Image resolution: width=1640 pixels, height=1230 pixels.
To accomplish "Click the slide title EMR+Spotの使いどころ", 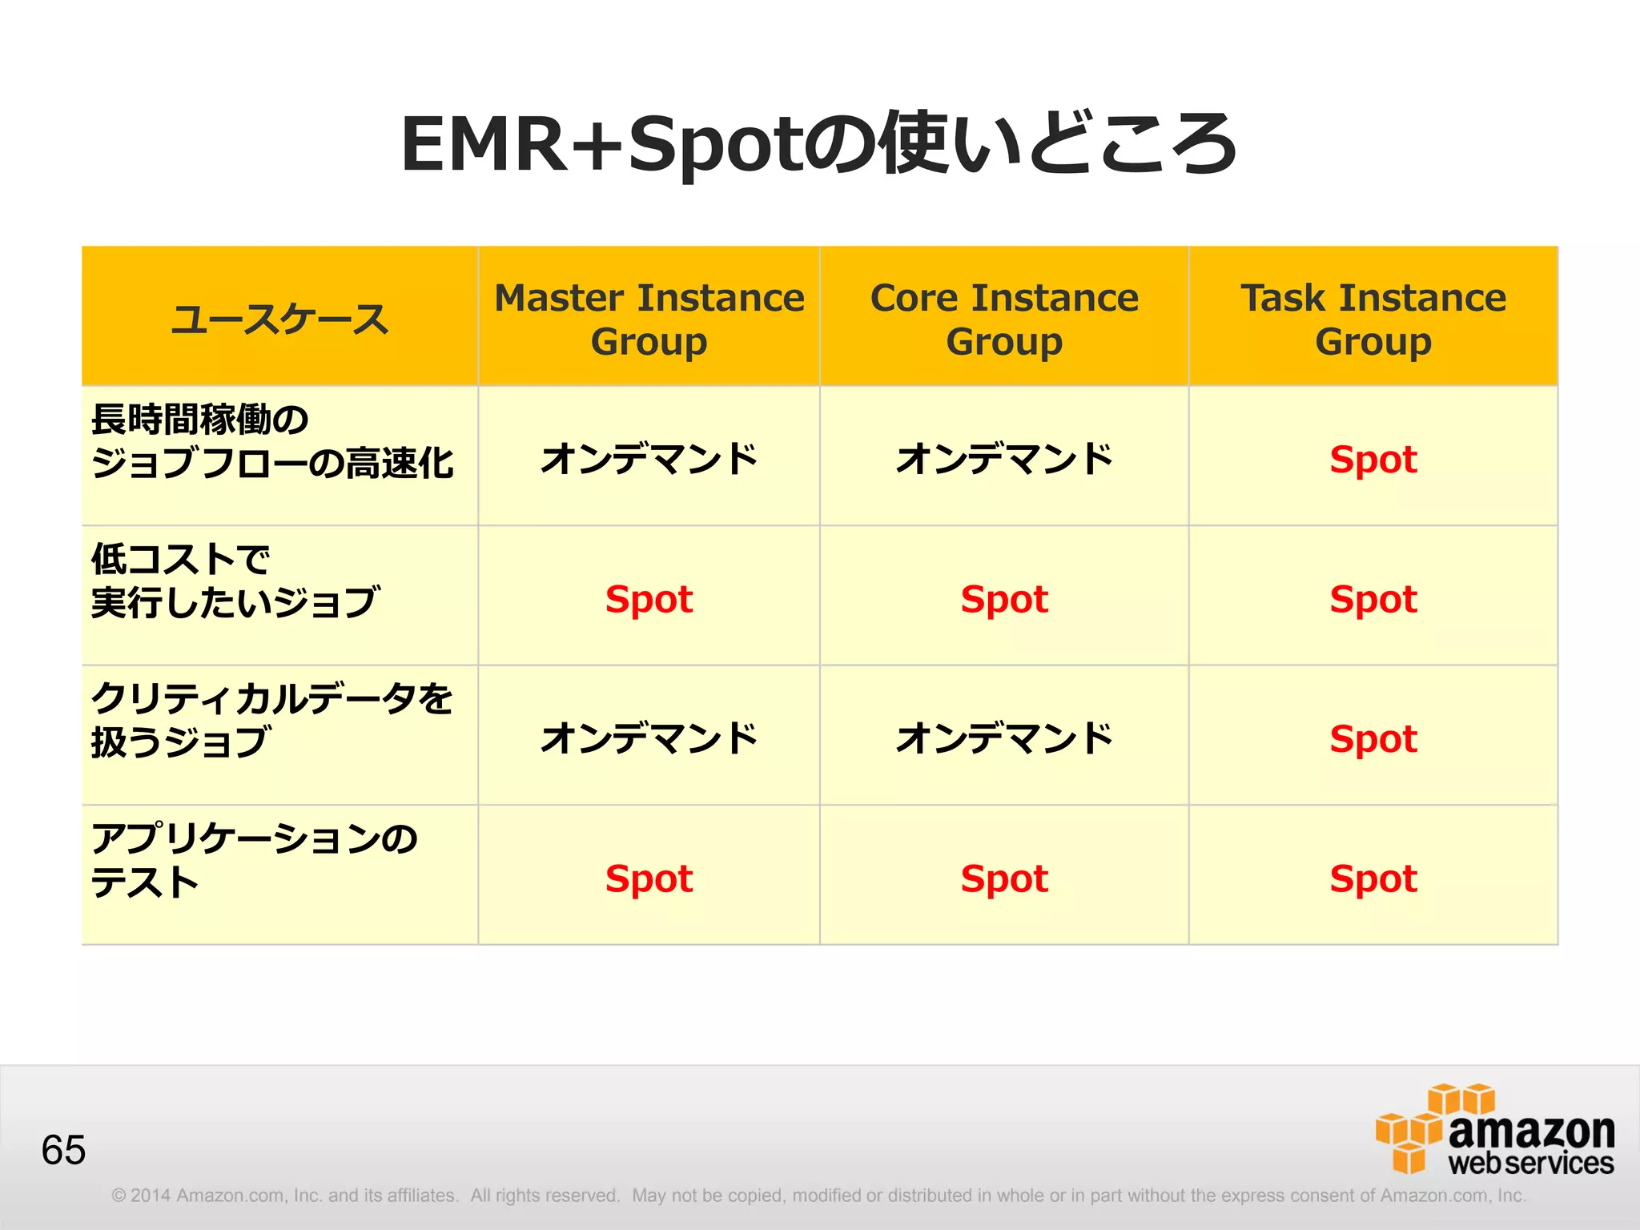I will click(x=818, y=144).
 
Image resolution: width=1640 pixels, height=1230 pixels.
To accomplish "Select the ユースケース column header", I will click(x=279, y=319).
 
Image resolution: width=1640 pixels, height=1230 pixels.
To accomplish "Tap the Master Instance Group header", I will click(x=649, y=319).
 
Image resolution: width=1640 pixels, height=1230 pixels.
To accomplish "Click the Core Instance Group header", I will click(x=1004, y=319).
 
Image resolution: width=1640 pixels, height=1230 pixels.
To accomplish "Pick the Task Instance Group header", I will click(x=1373, y=319).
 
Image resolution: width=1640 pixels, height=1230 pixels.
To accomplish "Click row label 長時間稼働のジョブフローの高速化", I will click(x=272, y=441).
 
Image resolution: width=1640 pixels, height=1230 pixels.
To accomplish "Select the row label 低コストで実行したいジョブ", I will click(x=235, y=581).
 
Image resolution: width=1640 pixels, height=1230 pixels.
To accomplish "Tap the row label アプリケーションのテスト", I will click(x=253, y=860).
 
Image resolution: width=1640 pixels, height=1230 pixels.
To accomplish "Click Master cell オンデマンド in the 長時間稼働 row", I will click(x=649, y=459).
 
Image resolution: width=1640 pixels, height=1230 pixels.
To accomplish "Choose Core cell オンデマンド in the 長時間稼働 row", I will click(x=1004, y=459).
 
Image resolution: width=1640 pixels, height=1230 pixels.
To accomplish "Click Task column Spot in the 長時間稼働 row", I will click(x=1373, y=460).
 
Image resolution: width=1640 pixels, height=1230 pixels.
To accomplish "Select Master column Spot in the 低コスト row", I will click(x=649, y=599).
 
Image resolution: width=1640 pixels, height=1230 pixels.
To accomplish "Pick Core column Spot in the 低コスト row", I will click(x=1004, y=599).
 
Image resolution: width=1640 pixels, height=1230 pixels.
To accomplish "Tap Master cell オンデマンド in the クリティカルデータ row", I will click(x=649, y=738).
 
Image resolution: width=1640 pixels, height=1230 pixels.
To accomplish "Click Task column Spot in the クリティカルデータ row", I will click(x=1373, y=739).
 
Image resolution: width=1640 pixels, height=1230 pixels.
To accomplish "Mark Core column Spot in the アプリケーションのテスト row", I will click(x=1004, y=878).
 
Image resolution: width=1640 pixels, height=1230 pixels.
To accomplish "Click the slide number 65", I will click(x=63, y=1150).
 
